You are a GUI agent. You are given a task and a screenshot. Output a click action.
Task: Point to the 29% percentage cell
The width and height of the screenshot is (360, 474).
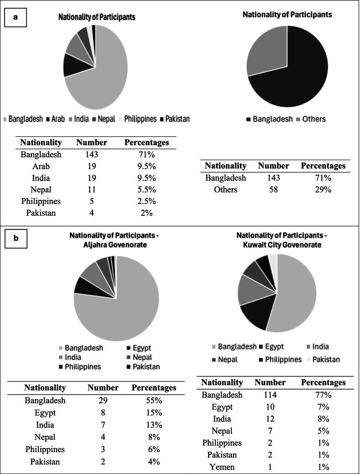323,189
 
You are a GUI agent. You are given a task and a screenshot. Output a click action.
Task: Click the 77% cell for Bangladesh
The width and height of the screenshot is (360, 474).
323,395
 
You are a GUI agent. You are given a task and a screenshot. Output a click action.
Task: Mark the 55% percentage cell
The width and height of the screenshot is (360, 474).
154,401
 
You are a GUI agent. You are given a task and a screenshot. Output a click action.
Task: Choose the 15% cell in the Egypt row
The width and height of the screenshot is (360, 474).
154,413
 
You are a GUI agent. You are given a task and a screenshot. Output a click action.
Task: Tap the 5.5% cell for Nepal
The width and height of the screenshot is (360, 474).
146,189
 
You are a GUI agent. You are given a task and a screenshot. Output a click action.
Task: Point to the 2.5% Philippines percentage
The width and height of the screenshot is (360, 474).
146,201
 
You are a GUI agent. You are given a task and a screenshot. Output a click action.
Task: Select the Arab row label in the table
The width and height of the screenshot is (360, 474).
41,166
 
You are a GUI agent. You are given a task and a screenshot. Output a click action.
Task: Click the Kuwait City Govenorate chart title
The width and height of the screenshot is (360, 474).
287,240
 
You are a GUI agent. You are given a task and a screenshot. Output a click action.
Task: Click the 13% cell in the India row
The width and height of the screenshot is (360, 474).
154,425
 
